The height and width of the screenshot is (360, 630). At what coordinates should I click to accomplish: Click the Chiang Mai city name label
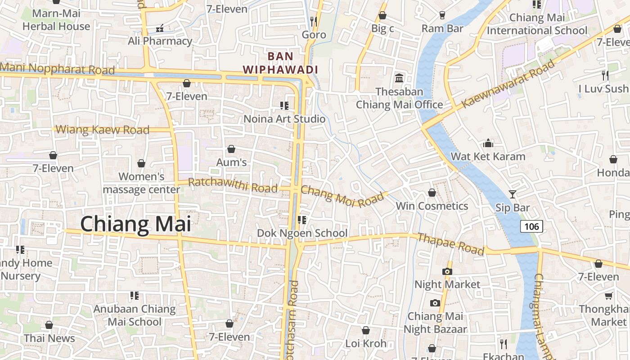click(135, 224)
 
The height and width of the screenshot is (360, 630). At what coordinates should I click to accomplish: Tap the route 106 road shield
click(531, 226)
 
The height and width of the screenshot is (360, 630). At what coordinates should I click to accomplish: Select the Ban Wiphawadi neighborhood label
click(280, 63)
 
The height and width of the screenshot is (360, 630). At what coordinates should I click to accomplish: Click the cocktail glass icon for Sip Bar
click(512, 194)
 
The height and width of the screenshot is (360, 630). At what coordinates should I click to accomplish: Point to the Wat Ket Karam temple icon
click(488, 144)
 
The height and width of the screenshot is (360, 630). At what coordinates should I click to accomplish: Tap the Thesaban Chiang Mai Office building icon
click(399, 78)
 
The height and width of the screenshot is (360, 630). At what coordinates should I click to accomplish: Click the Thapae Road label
click(450, 243)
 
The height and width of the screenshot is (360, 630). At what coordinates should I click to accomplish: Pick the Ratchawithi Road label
click(233, 185)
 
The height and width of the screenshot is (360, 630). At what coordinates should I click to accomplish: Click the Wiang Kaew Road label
click(102, 130)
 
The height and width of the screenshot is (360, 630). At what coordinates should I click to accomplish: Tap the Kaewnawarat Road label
click(508, 84)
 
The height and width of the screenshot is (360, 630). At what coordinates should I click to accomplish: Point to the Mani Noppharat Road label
click(58, 69)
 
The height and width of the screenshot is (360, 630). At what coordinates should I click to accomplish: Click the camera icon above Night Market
click(447, 271)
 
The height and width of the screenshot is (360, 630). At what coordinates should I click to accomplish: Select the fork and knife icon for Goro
click(314, 21)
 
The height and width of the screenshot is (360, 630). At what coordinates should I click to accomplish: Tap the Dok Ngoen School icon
click(302, 220)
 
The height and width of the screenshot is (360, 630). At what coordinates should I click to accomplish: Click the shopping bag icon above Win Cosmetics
click(432, 193)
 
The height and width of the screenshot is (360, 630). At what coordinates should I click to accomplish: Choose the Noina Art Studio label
click(284, 119)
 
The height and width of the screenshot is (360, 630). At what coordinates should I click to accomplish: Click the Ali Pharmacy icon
click(159, 28)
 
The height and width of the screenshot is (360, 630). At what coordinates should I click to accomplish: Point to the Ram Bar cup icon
click(442, 15)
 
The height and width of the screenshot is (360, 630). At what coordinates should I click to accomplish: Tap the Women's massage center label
click(142, 183)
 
